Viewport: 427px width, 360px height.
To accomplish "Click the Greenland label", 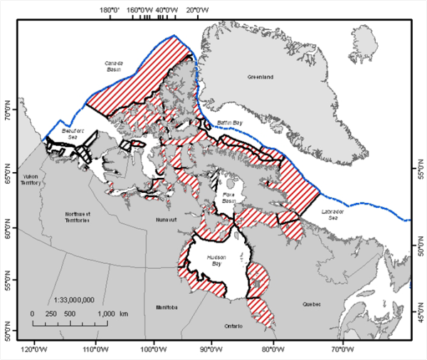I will point(260,77).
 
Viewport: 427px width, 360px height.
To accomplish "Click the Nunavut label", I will point(164,220).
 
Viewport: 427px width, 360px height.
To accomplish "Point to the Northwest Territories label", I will point(77,217).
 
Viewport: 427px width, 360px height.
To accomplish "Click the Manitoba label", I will point(165,307).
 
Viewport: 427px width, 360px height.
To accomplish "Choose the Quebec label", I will point(312,304).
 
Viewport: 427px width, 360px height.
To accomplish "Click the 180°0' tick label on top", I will point(110,9).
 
